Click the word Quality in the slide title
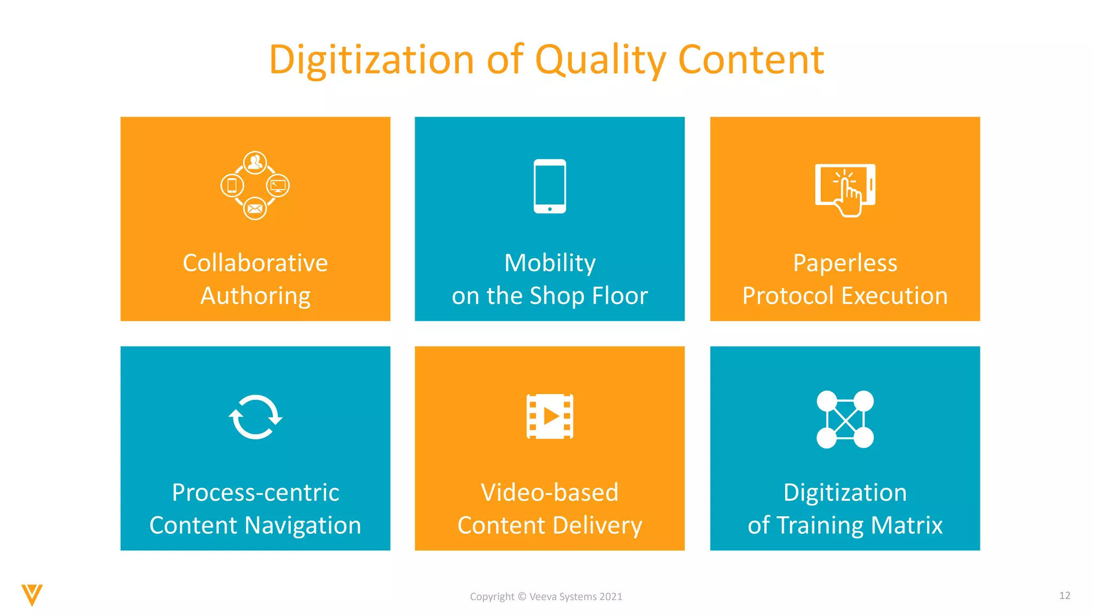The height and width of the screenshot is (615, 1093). coord(600,60)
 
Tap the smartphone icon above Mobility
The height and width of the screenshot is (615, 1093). coord(550,186)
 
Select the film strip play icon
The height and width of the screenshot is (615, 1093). coord(550,416)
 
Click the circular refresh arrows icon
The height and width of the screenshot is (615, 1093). coord(255,417)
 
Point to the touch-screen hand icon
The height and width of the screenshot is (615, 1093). coord(845,190)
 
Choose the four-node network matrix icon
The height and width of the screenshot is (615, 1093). coord(845,419)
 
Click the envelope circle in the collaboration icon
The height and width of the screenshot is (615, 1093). coord(255,208)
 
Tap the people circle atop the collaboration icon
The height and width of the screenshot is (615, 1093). coord(255,162)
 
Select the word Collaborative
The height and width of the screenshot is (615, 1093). coord(255,263)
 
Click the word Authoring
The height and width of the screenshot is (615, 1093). coord(255,296)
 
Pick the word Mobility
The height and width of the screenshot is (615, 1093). coord(550,263)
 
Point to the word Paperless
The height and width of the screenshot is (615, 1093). coord(845,263)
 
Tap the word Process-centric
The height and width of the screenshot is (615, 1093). coord(255,492)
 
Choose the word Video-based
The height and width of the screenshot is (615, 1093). coord(550,492)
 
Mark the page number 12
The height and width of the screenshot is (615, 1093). coord(1065,595)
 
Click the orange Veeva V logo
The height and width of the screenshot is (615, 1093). coord(32,595)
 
